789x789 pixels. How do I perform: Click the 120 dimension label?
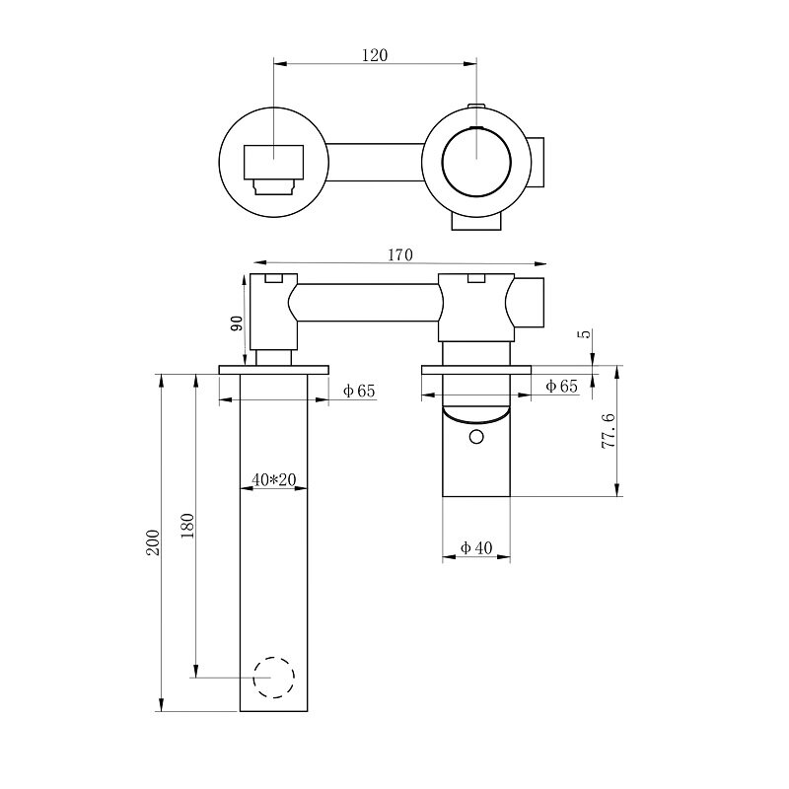click(375, 55)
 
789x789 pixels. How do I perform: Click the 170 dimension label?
click(400, 255)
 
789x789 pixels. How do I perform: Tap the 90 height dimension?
click(237, 323)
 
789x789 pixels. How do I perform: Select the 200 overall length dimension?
click(153, 542)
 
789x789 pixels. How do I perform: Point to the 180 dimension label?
click(187, 526)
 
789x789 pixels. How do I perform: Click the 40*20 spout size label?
click(274, 480)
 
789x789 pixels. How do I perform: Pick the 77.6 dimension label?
click(609, 431)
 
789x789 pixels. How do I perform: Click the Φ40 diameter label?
click(476, 548)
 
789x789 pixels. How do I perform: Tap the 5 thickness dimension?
click(587, 333)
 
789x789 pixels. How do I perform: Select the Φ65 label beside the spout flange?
click(359, 391)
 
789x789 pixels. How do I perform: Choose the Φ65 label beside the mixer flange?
click(561, 387)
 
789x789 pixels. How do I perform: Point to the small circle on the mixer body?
click(476, 437)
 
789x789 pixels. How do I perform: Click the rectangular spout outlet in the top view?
click(274, 162)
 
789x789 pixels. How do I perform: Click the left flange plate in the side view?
click(274, 370)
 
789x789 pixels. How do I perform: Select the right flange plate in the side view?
click(476, 370)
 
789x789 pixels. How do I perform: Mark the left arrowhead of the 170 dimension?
click(259, 262)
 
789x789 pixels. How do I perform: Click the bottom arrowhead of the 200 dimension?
click(161, 704)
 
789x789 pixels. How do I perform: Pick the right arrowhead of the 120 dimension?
click(470, 63)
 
